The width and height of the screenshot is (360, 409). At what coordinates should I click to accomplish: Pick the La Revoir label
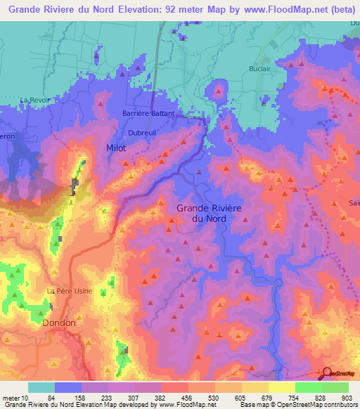point(35,100)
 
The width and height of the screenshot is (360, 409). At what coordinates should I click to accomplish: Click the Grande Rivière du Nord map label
point(208,213)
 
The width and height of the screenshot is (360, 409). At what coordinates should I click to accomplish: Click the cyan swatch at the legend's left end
point(41,387)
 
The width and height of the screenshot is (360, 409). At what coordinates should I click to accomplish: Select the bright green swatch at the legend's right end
point(335,387)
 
